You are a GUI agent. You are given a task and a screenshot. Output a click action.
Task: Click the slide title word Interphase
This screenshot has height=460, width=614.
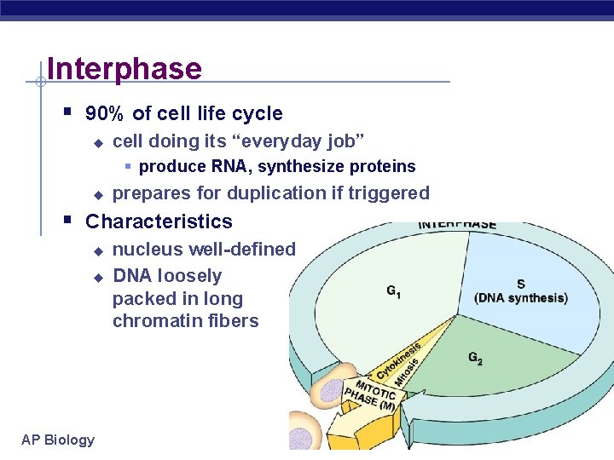pyautogui.click(x=125, y=68)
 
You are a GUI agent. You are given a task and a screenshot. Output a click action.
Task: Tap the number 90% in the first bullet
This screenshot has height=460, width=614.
pyautogui.click(x=106, y=113)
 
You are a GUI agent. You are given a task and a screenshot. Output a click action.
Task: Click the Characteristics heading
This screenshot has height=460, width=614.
pyautogui.click(x=159, y=221)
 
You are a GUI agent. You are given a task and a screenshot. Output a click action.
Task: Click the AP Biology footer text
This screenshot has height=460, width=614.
pyautogui.click(x=58, y=440)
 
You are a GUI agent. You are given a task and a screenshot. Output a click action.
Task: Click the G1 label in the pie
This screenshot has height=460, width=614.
pyautogui.click(x=394, y=292)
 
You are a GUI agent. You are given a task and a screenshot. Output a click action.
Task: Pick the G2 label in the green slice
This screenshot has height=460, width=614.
pyautogui.click(x=475, y=359)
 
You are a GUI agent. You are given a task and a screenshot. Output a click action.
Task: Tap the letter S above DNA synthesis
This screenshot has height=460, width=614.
pyautogui.click(x=519, y=284)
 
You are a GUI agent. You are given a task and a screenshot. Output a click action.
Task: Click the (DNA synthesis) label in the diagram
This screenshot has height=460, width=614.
pyautogui.click(x=520, y=297)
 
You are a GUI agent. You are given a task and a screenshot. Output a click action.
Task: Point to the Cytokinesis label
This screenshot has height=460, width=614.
pyautogui.click(x=389, y=362)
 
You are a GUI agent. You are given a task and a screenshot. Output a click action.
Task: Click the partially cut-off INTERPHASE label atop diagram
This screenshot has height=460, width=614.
pyautogui.click(x=457, y=225)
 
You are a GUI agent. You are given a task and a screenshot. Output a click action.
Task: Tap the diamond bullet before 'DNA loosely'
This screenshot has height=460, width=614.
pyautogui.click(x=97, y=277)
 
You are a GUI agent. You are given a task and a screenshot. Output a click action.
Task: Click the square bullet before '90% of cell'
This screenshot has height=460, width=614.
pyautogui.click(x=67, y=112)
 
